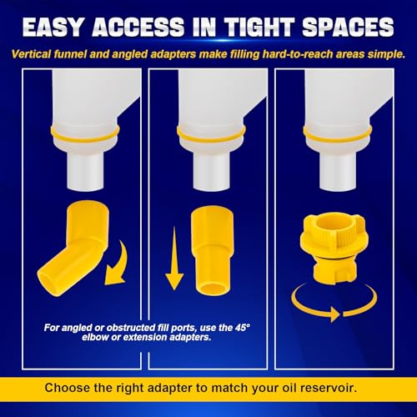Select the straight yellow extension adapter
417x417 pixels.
[213, 250]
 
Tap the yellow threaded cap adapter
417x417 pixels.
[334, 247]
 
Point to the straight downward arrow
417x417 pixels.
[174, 259]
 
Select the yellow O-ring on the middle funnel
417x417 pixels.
[211, 136]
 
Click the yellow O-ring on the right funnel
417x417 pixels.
[338, 136]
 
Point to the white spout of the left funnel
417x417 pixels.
[85, 171]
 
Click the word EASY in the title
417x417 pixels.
[53, 28]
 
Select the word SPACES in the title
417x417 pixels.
[348, 28]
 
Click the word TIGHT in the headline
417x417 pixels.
[259, 28]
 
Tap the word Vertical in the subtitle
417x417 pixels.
[31, 54]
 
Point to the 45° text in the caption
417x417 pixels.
[243, 328]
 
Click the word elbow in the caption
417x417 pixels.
[95, 337]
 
